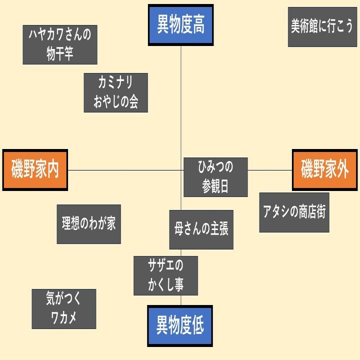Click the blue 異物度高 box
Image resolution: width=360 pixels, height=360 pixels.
[180, 25]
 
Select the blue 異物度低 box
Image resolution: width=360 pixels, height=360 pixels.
[180, 325]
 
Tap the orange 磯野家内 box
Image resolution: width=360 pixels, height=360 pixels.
[35, 170]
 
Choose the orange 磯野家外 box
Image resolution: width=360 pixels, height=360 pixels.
[324, 170]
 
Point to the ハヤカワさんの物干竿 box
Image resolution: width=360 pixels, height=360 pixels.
[60, 45]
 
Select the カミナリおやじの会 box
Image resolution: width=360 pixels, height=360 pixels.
[115, 92]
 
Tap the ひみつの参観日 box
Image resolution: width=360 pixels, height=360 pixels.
[215, 177]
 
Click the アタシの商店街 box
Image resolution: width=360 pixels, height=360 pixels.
[294, 212]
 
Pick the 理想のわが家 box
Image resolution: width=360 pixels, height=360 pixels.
[88, 224]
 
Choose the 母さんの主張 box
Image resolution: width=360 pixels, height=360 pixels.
[201, 229]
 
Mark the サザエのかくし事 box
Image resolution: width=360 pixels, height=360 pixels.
[165, 275]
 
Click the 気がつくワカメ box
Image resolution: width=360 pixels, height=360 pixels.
[63, 308]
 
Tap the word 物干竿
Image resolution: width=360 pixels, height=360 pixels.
[60, 54]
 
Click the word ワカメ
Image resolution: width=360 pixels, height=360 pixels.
[63, 318]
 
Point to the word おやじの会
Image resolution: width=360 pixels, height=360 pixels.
[115, 102]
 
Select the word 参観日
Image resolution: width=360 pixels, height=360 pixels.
[215, 186]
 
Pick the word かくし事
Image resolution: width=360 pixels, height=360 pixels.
[165, 285]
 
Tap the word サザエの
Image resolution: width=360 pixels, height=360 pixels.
[165, 265]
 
